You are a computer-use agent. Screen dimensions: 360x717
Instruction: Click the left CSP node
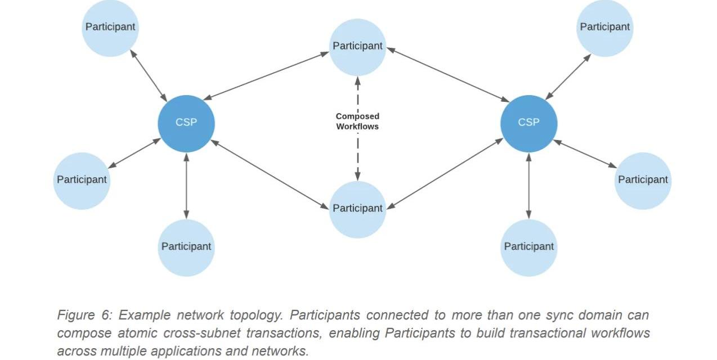[x=186, y=123]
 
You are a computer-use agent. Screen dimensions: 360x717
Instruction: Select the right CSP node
[x=528, y=123]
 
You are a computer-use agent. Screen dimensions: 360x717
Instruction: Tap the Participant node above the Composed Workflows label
[x=357, y=46]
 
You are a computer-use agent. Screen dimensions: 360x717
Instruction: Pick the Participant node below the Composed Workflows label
[x=357, y=208]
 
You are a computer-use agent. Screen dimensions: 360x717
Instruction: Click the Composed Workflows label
[x=357, y=121]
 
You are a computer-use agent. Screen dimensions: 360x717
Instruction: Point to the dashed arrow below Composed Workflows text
[x=357, y=157]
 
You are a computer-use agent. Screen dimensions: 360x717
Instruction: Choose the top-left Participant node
[x=110, y=27]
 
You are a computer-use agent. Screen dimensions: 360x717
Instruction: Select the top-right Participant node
[x=605, y=27]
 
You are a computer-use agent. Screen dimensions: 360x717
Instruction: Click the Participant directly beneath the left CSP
[x=186, y=246]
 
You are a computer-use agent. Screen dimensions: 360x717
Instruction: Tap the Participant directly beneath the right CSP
[x=528, y=246]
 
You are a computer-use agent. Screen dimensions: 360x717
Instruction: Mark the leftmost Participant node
[x=82, y=180]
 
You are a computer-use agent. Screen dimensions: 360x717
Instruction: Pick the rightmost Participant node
[x=643, y=180]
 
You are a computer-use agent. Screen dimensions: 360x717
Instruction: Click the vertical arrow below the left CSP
[x=186, y=186]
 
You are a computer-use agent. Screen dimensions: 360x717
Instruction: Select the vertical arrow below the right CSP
[x=528, y=186]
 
